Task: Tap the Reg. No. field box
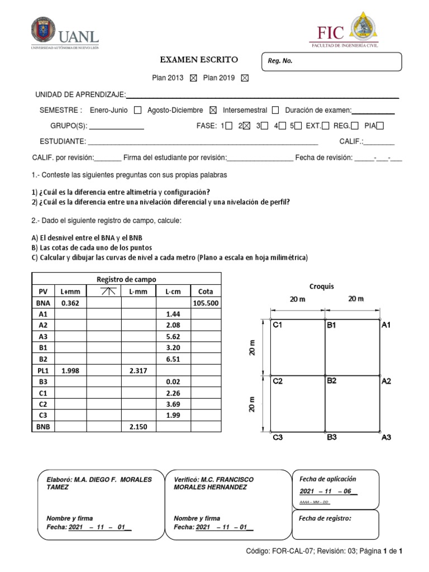332,61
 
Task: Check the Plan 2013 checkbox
193,79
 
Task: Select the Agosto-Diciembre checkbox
212,110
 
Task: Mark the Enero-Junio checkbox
138,110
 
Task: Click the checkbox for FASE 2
246,126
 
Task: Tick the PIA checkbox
380,126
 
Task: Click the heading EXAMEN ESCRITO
199,59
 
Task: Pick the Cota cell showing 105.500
206,303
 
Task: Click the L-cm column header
173,291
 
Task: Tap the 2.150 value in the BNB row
138,427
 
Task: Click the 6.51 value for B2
173,359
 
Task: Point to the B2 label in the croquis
332,381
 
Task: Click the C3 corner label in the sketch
278,438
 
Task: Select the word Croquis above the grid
321,286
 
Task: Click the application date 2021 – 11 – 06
328,491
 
